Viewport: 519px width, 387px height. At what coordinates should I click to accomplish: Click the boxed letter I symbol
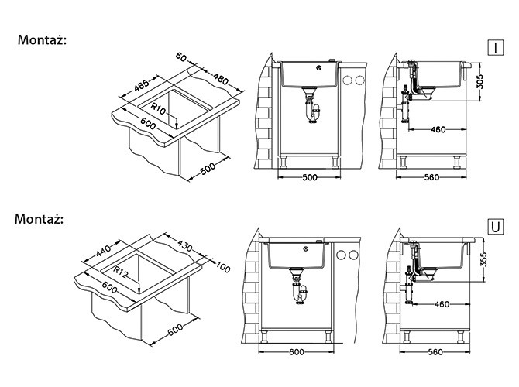(x=495, y=48)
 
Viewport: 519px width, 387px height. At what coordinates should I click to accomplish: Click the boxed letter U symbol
(x=496, y=227)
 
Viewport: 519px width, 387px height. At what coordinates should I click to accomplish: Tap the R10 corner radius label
(x=158, y=108)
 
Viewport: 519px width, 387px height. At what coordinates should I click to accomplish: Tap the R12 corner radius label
(x=120, y=272)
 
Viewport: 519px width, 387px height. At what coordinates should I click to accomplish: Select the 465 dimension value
(x=142, y=85)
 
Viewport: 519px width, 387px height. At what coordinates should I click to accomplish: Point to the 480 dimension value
(x=221, y=79)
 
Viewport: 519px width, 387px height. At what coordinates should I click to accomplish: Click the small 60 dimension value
(x=181, y=57)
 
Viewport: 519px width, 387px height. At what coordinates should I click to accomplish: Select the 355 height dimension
(x=483, y=260)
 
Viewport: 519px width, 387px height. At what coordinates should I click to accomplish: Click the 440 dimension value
(x=104, y=251)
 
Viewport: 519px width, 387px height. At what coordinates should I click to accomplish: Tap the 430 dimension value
(x=184, y=245)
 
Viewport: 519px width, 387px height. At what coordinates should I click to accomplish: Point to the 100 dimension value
(x=223, y=267)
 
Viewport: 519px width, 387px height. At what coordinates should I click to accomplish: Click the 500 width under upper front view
(x=310, y=177)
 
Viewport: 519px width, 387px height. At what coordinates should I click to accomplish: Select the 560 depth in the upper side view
(x=431, y=177)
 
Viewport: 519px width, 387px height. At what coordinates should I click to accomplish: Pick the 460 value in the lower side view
(x=442, y=304)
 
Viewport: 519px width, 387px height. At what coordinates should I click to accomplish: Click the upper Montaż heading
(x=42, y=40)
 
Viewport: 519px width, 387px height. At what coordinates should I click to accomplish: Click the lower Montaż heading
(x=39, y=219)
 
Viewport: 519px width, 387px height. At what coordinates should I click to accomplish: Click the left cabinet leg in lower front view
(x=264, y=336)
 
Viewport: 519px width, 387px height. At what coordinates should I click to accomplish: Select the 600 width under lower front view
(x=296, y=352)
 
